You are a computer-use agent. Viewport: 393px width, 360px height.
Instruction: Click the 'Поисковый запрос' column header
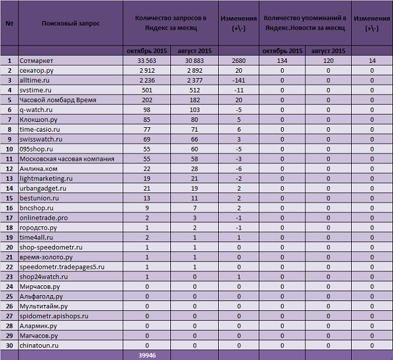[71, 22]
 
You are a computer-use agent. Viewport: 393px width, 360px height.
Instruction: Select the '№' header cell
[9, 22]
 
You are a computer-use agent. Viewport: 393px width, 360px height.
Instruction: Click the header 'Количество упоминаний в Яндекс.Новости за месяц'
[304, 22]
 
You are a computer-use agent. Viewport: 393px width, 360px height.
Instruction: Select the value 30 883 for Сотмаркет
[195, 61]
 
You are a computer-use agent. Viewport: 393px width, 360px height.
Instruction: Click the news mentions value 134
[282, 61]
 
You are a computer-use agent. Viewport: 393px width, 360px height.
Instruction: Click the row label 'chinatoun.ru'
[40, 345]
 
